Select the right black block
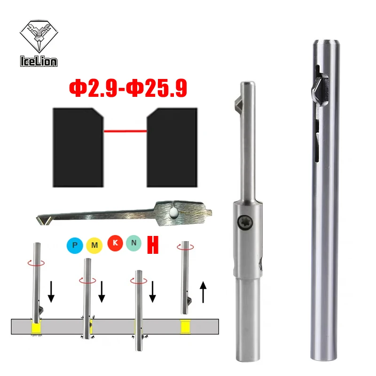click(172, 146)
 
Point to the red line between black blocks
click(125, 131)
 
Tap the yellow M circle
click(94, 244)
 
